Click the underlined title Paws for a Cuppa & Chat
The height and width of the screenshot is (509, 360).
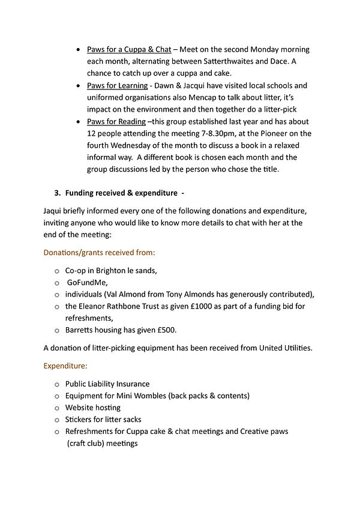tap(128, 49)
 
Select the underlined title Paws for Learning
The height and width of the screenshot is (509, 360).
tap(117, 86)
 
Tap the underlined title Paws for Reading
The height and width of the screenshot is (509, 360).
tap(116, 122)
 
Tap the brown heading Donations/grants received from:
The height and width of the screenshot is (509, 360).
tap(99, 253)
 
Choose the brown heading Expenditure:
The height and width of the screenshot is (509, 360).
tap(65, 365)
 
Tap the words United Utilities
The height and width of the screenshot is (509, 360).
tap(285, 348)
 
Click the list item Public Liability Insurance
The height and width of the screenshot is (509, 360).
tap(107, 384)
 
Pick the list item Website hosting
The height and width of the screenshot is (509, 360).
tap(93, 408)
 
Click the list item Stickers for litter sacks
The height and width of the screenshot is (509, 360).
tap(103, 420)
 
